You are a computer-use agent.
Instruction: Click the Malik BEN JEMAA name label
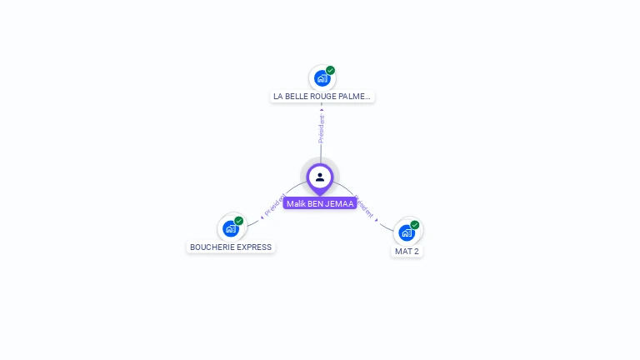click(320, 203)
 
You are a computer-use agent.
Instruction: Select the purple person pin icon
click(320, 177)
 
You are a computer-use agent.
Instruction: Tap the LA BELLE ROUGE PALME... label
click(322, 97)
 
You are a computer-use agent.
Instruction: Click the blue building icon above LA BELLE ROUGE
click(322, 79)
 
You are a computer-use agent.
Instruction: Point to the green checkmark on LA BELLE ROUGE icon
click(331, 71)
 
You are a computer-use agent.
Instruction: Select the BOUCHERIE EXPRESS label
click(231, 247)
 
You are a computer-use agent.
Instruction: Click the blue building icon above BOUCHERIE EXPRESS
click(231, 229)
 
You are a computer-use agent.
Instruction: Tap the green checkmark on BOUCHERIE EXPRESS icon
click(239, 221)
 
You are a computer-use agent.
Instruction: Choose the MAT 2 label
click(407, 251)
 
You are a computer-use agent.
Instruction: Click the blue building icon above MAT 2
click(407, 233)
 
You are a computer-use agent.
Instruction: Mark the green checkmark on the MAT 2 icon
click(415, 225)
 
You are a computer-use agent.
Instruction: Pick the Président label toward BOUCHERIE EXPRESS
click(274, 206)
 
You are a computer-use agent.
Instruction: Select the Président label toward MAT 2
click(366, 208)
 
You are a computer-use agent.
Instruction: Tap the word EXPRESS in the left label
click(255, 247)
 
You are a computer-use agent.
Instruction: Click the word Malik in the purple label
click(296, 203)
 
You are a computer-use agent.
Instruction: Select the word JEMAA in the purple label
click(342, 203)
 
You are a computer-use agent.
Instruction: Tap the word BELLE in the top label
click(295, 97)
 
